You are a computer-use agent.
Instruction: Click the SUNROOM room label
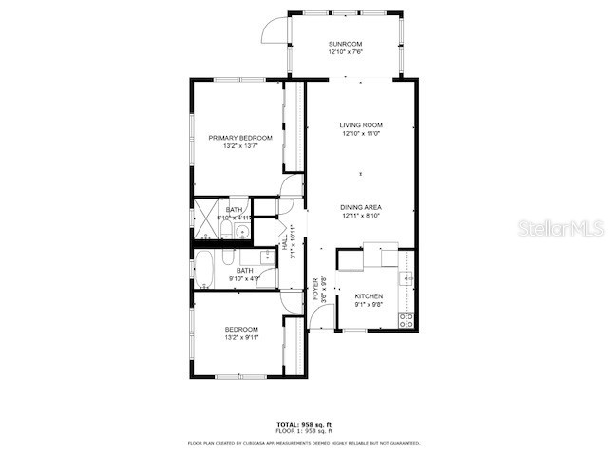coord(345,44)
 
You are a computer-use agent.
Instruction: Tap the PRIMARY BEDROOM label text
coord(240,138)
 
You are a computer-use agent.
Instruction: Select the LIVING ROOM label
coord(361,125)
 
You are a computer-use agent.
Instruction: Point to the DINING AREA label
coord(361,207)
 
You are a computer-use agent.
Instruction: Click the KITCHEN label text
coord(368,296)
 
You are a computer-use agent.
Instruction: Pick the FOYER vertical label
coord(315,288)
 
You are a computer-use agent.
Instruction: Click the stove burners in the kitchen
coord(407,319)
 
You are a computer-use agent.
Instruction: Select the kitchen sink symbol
coord(406,277)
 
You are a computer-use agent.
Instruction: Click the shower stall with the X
coord(206,218)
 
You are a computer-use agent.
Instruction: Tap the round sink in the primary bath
coord(242,230)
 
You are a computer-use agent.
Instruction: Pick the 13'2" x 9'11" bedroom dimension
coord(240,337)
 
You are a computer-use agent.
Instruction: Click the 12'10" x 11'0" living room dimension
coord(361,134)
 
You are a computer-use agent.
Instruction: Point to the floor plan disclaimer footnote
coord(303,442)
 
